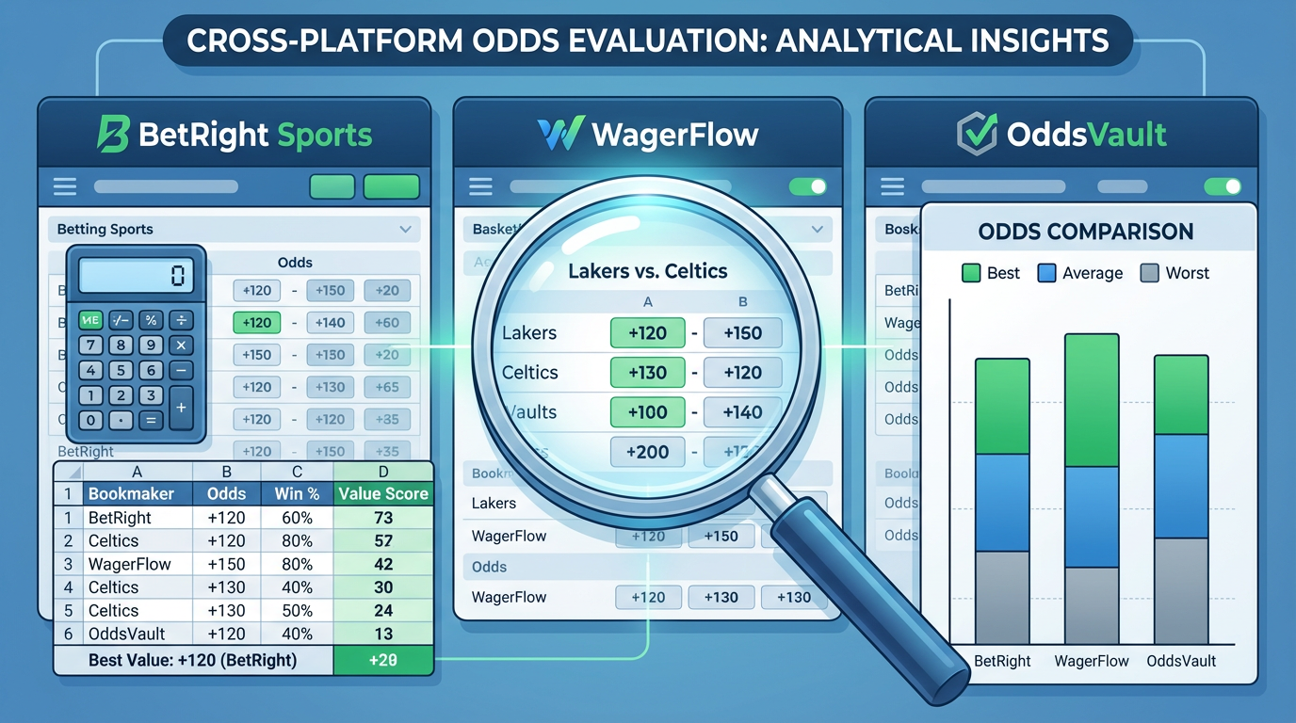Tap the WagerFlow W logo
tap(561, 135)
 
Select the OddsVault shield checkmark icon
tap(977, 135)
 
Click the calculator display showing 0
tap(135, 276)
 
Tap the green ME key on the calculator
tap(90, 320)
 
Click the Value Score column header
tap(382, 493)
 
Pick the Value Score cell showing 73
tap(382, 518)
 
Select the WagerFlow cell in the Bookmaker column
tap(129, 564)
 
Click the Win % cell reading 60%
tap(297, 518)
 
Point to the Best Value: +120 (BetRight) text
tap(192, 660)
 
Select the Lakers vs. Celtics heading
tap(648, 271)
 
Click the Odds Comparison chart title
tap(1086, 232)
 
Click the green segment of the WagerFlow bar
tap(1092, 400)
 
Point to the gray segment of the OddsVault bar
tap(1181, 590)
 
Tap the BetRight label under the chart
tap(1002, 661)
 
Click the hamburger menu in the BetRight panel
tap(65, 186)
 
